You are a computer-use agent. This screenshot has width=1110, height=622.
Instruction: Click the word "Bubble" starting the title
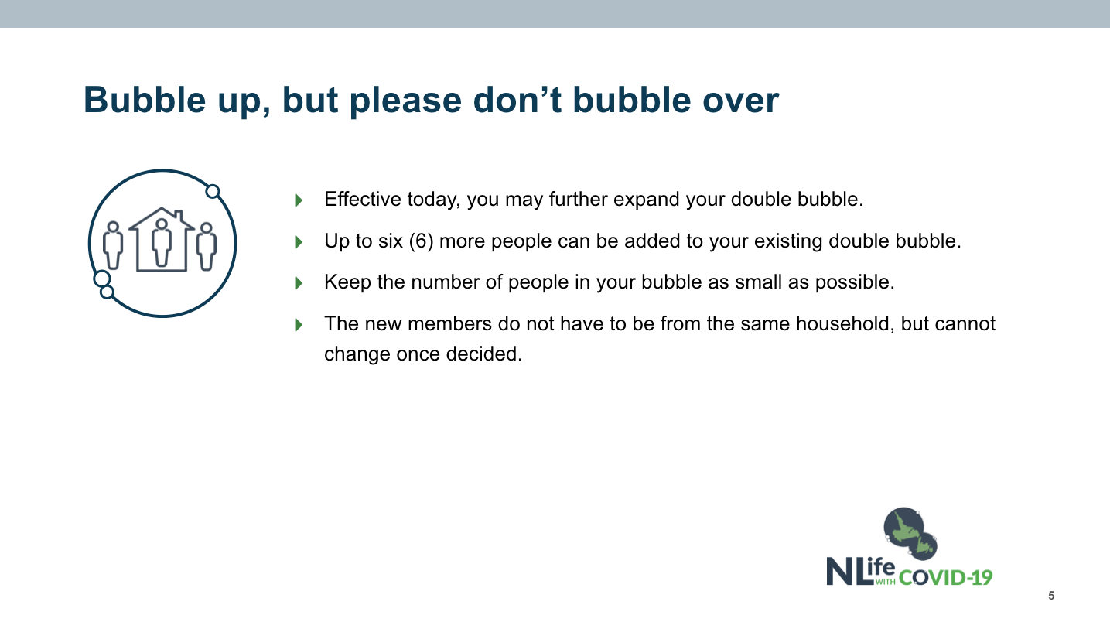coord(145,100)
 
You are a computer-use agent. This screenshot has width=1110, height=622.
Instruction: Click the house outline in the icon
coord(162,239)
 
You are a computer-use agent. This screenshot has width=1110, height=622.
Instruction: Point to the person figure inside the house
coord(162,243)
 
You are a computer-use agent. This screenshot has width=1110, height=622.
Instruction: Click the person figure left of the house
coord(113,245)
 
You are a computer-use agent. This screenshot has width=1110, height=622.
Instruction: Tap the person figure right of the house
coord(206,246)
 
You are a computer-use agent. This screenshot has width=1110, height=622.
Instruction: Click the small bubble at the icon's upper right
coord(213,191)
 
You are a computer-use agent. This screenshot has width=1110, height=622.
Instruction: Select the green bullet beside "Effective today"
coord(299,200)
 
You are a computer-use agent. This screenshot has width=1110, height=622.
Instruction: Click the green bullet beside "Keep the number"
coord(299,283)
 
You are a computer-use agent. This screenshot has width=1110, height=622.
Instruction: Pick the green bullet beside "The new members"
coord(299,325)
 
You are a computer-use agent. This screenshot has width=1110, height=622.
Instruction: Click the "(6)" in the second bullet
coord(422,241)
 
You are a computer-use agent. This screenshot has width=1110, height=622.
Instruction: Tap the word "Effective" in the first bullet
coord(363,200)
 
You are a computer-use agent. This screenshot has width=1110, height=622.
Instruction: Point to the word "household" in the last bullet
coord(845,323)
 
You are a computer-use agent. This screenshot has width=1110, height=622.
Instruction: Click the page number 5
coord(1051,595)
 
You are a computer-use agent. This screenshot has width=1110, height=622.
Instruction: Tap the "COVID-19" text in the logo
coord(945,578)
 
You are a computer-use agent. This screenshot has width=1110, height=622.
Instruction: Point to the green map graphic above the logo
coord(910,533)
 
